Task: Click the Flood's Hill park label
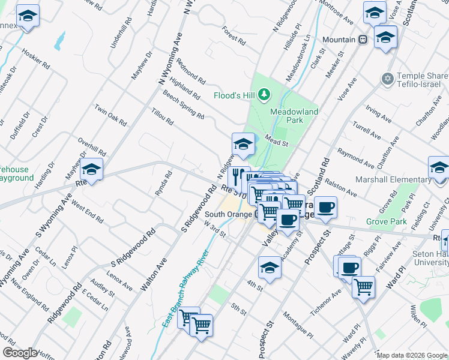click(235, 95)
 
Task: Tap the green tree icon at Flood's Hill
click(264, 95)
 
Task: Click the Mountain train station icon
click(363, 40)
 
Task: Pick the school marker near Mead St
click(243, 145)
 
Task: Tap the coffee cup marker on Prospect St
click(326, 208)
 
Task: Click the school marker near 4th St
click(270, 268)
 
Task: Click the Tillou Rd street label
click(162, 117)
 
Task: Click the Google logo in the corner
click(20, 353)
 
